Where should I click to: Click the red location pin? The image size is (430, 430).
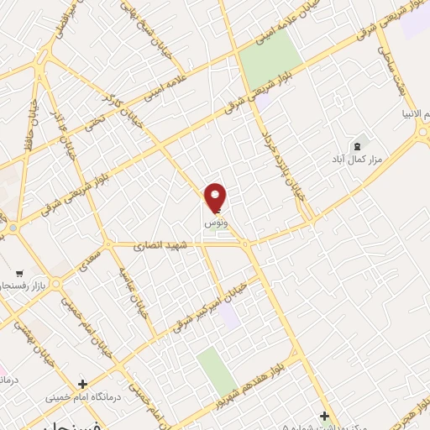click(216, 197)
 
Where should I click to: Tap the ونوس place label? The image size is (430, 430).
click(216, 225)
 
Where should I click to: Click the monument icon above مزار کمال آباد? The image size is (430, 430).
click(364, 144)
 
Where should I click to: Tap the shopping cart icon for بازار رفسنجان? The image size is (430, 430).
click(18, 274)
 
